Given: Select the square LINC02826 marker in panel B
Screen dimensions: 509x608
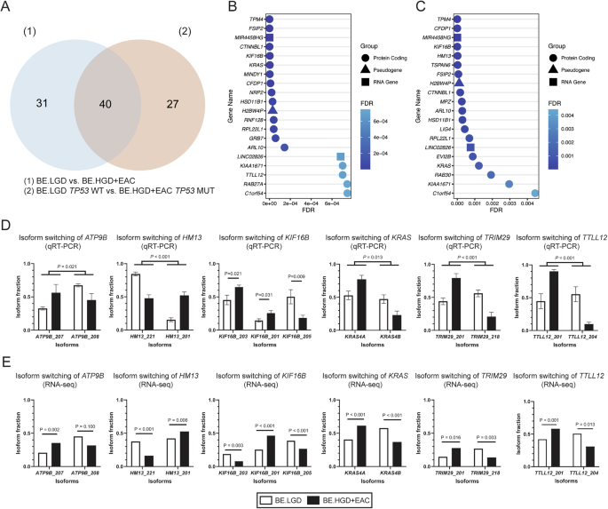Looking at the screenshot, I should pos(340,156).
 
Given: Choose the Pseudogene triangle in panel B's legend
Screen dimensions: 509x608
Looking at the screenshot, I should pos(369,67).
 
